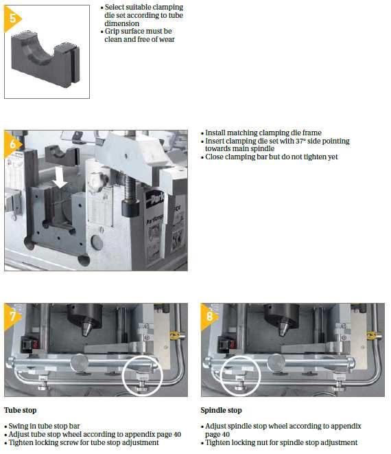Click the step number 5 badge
click(12, 19)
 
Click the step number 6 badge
click(12, 144)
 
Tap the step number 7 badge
click(12, 316)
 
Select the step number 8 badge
click(209, 316)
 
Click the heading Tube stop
click(21, 410)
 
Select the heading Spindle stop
click(222, 410)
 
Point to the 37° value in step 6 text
click(300, 141)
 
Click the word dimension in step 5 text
click(121, 23)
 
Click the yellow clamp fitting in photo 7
click(176, 336)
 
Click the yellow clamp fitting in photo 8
click(373, 336)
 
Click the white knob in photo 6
click(96, 181)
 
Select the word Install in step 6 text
click(215, 133)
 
